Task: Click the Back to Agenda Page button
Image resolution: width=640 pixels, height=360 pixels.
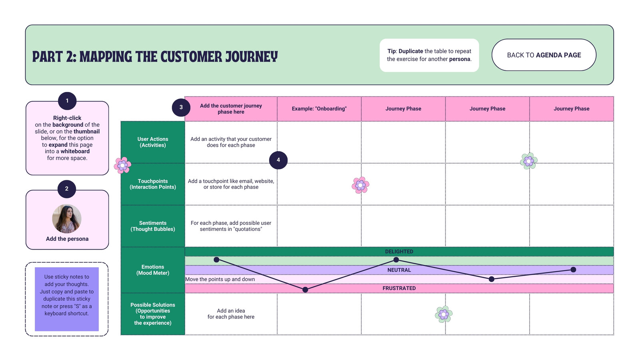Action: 544,55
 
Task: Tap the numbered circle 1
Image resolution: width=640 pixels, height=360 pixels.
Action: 67,101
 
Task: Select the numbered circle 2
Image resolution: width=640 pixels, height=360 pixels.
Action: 66,189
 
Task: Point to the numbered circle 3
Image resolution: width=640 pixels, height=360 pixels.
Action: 181,107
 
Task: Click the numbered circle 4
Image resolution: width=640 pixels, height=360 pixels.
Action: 278,160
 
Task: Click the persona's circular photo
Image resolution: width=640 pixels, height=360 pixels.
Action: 66,218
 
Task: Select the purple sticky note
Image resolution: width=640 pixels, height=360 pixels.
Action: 67,299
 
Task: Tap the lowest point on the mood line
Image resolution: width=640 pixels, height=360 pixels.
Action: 305,290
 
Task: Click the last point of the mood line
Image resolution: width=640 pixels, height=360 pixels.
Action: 573,270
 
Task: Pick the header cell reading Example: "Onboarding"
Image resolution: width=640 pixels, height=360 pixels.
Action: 319,109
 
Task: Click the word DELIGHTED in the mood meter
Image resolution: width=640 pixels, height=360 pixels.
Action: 399,252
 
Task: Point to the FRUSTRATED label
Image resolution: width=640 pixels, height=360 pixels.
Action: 399,288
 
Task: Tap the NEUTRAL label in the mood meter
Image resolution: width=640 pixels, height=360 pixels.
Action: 399,270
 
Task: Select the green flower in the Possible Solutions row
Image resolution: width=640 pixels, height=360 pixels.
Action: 444,314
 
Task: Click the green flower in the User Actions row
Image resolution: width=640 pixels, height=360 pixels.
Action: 529,161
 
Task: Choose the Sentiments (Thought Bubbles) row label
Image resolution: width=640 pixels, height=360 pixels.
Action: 153,226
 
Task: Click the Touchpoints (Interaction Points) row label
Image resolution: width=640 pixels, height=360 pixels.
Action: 153,184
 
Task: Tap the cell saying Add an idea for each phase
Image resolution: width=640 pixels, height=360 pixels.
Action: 231,314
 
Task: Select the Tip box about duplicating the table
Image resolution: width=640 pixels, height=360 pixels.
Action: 429,55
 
